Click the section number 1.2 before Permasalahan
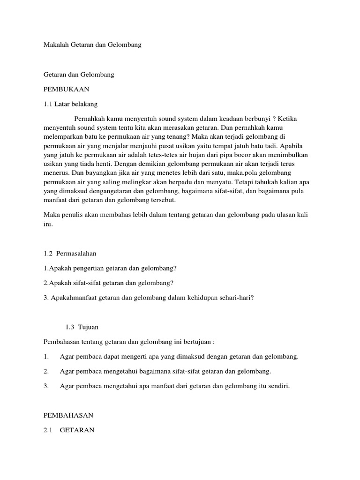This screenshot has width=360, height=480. [48, 253]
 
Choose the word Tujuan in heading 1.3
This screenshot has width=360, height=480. [89, 326]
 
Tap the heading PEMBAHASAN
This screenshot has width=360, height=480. [68, 415]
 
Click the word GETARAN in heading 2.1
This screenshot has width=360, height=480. [77, 429]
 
